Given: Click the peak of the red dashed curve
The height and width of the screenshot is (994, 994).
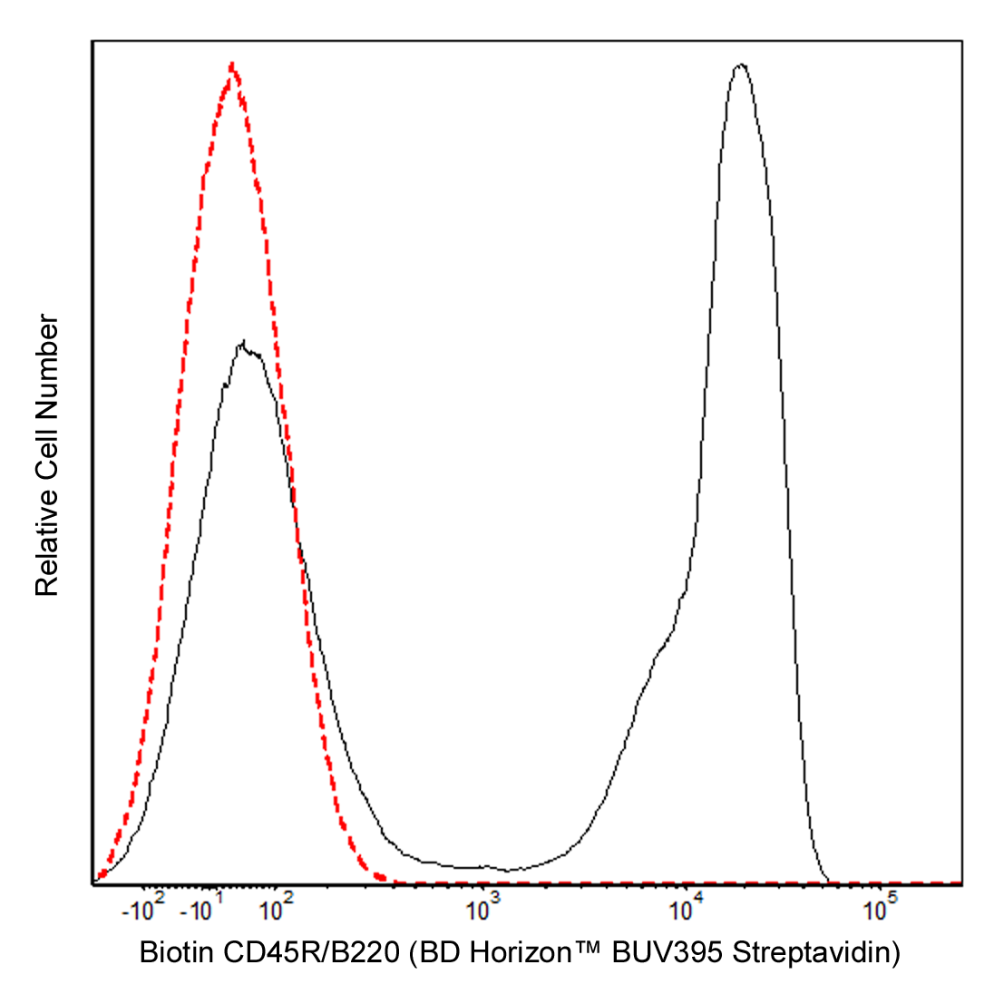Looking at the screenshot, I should pos(233,64).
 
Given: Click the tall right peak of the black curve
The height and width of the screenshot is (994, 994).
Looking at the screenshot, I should pos(742,65).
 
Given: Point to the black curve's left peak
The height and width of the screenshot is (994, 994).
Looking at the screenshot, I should pos(243,344).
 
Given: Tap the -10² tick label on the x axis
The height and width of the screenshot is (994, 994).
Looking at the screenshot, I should pos(145,908).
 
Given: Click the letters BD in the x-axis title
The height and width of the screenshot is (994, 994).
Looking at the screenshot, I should pos(439,954).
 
